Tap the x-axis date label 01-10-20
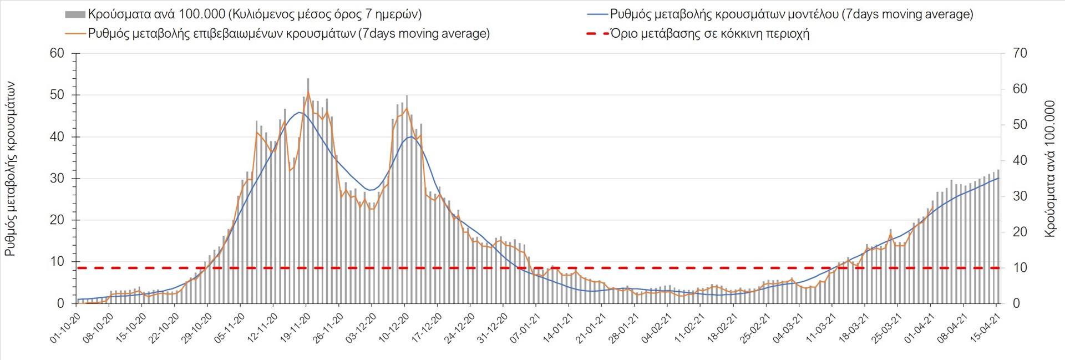(66, 328)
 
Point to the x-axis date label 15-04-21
(985, 328)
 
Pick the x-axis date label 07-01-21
(526, 328)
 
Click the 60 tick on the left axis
(57, 53)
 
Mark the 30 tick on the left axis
(57, 178)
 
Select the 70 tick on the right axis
(1020, 53)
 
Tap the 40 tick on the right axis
(1020, 160)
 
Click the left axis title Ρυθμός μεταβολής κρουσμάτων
(10, 169)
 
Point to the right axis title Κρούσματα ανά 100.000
(1049, 169)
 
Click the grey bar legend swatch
(75, 14)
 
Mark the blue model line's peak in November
(299, 113)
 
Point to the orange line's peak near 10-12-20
(407, 108)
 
